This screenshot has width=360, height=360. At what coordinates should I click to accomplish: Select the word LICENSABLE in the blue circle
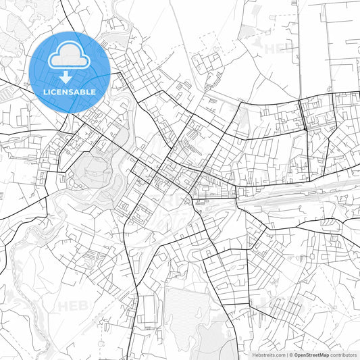click(70, 92)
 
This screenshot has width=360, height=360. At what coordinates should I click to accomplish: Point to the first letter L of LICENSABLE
click(45, 92)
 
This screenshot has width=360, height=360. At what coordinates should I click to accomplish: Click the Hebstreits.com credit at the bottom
click(267, 355)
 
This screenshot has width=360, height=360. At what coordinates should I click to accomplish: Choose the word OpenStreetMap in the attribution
click(311, 355)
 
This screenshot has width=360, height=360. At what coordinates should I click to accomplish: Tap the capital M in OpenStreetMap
click(324, 355)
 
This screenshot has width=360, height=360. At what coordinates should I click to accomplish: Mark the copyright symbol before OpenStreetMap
click(291, 355)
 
